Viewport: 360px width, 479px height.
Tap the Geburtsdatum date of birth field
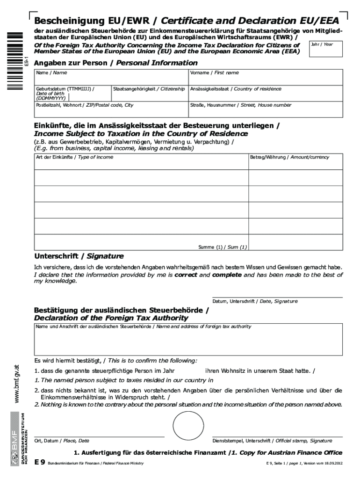click(72, 93)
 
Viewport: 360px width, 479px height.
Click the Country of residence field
click(265, 93)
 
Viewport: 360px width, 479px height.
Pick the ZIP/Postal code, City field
click(111, 110)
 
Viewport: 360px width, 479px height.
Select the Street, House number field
click(265, 110)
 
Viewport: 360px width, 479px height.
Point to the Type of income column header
click(74, 157)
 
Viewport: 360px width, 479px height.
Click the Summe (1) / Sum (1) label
click(223, 247)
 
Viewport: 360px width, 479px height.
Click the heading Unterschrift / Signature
click(79, 256)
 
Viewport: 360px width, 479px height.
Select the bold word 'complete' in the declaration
click(227, 275)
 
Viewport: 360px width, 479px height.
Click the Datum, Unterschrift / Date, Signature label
click(255, 301)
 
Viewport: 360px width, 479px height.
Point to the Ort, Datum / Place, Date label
click(62, 441)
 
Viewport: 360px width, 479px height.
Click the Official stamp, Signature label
click(272, 441)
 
